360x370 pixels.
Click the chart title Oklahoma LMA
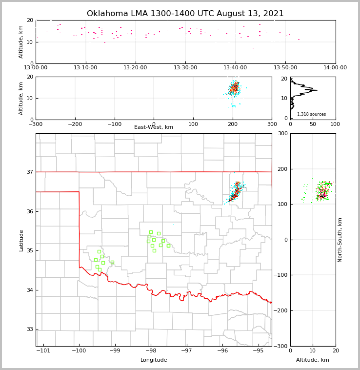[185, 14]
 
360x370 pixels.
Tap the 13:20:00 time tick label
[136, 68]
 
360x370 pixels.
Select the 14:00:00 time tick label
[335, 68]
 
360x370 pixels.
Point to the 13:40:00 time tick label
[236, 68]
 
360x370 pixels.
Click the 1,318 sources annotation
[311, 114]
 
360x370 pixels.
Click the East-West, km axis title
[154, 127]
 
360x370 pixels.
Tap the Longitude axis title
[154, 360]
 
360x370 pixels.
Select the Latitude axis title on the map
[21, 240]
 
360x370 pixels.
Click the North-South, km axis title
[340, 240]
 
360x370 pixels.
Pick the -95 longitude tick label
[258, 350]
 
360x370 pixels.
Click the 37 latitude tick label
[29, 172]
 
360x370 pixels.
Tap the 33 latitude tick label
[29, 329]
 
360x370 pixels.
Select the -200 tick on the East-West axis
[75, 124]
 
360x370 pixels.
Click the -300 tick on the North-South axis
[282, 346]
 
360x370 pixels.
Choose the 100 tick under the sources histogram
[335, 124]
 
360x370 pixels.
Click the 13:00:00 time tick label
[36, 68]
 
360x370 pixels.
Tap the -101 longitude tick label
[43, 350]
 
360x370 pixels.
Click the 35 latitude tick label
[29, 251]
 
